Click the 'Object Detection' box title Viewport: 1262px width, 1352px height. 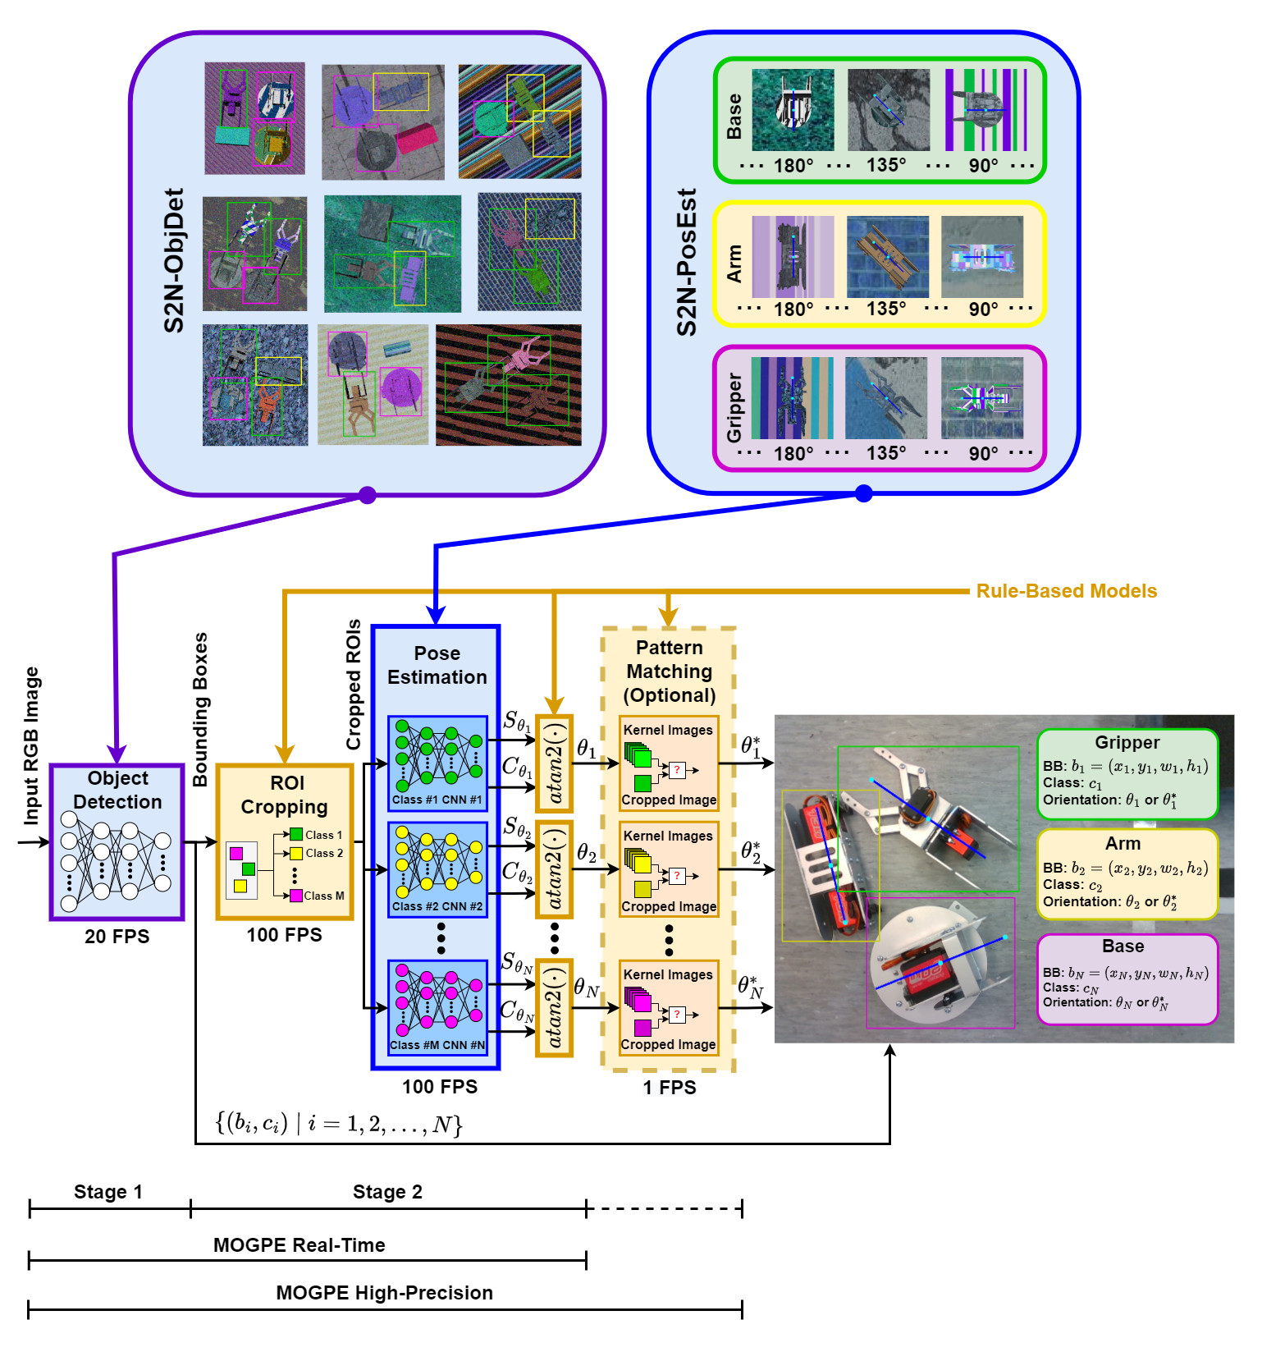coord(117,790)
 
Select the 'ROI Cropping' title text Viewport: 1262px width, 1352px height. coord(285,795)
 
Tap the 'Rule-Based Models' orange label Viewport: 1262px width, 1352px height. coord(1067,591)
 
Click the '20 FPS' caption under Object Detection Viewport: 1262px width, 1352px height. coord(117,937)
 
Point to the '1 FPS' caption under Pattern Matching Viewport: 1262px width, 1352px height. coord(670,1088)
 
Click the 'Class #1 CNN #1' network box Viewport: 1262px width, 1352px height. coord(437,763)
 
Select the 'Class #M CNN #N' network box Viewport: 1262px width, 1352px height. coord(437,1007)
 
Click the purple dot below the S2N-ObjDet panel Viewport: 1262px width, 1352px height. coord(368,495)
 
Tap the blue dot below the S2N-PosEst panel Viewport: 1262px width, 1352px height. coord(863,493)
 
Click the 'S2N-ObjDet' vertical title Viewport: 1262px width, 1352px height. coord(174,260)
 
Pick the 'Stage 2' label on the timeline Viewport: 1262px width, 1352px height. coord(387,1192)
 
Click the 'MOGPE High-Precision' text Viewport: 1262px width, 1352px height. coord(385,1293)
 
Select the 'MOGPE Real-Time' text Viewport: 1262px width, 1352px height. coord(299,1245)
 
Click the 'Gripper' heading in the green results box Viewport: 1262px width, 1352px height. coord(1127,743)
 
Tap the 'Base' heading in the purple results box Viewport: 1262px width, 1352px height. coord(1123,946)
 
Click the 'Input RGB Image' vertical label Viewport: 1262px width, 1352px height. coord(31,745)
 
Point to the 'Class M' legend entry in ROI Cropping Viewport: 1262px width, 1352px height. coord(317,896)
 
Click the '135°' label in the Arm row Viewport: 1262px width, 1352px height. coord(886,309)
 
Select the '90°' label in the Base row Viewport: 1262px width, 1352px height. coord(983,165)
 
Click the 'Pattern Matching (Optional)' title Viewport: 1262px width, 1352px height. coord(670,671)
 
